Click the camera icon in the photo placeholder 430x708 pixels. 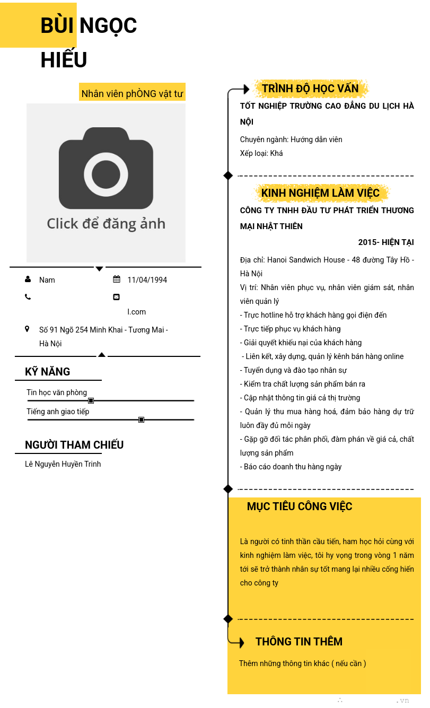point(106,168)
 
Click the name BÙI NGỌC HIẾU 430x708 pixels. point(89,42)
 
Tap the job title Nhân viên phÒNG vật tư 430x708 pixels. point(132,94)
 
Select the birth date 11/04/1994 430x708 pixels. point(147,280)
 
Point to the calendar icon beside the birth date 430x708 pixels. point(117,279)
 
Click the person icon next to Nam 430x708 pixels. point(28,279)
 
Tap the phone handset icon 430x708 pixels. point(28,297)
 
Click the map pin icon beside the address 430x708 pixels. point(27,329)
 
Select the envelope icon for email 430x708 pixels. point(117,297)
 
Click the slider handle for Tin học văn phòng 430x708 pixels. point(91,400)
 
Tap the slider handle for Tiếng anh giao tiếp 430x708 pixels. point(142,419)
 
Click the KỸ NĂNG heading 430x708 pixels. point(48,372)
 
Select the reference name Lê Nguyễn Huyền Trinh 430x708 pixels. point(63,464)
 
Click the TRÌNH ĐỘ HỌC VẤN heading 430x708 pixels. point(310,89)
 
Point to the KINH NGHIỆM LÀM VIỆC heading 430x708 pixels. point(320,193)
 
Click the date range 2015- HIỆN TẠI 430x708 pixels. point(385,242)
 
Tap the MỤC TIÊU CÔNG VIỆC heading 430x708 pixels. point(300,506)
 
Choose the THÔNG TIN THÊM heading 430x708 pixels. point(299,642)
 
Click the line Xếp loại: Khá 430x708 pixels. point(261,153)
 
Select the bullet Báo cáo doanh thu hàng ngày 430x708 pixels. point(292,467)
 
